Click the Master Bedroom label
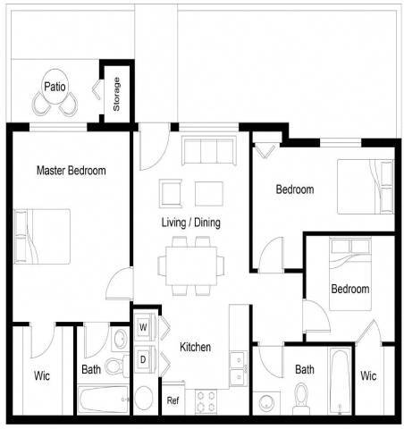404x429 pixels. click(71, 170)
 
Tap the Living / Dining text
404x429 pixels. click(190, 223)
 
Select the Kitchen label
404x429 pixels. click(195, 347)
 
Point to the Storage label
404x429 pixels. click(116, 95)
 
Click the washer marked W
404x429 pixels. click(143, 327)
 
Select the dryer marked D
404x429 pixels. click(143, 359)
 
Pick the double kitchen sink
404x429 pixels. click(238, 367)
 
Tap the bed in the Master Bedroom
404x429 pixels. click(42, 236)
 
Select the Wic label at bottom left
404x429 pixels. click(42, 375)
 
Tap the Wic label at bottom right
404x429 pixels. click(368, 375)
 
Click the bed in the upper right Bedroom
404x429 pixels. click(365, 186)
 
